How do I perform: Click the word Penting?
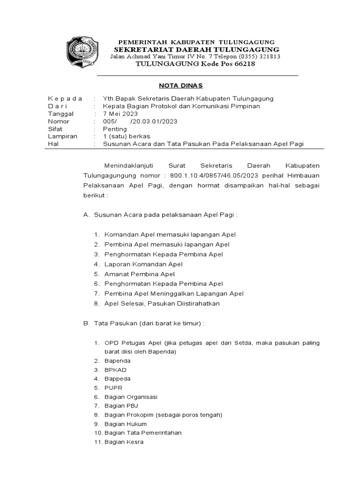(x=115, y=128)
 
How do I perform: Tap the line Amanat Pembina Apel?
(x=140, y=274)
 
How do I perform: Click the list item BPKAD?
(x=116, y=370)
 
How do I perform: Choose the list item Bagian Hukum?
(x=126, y=424)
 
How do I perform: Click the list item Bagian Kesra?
(x=124, y=442)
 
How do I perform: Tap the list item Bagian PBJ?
(x=121, y=405)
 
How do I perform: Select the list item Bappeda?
(x=118, y=379)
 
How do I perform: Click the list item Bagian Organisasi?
(x=131, y=397)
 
